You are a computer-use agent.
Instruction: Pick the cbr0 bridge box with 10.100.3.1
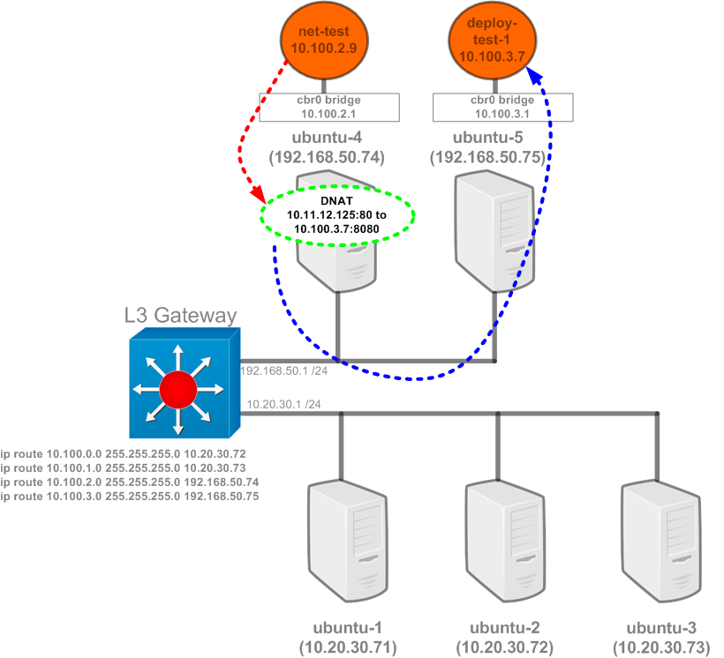coord(502,107)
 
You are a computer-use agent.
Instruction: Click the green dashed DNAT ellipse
coord(337,215)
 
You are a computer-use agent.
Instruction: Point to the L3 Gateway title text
coord(180,315)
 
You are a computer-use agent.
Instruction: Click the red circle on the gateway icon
coord(177,389)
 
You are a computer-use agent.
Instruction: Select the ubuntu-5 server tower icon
coord(494,231)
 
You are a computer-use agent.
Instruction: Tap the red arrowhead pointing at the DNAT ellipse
coord(258,194)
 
